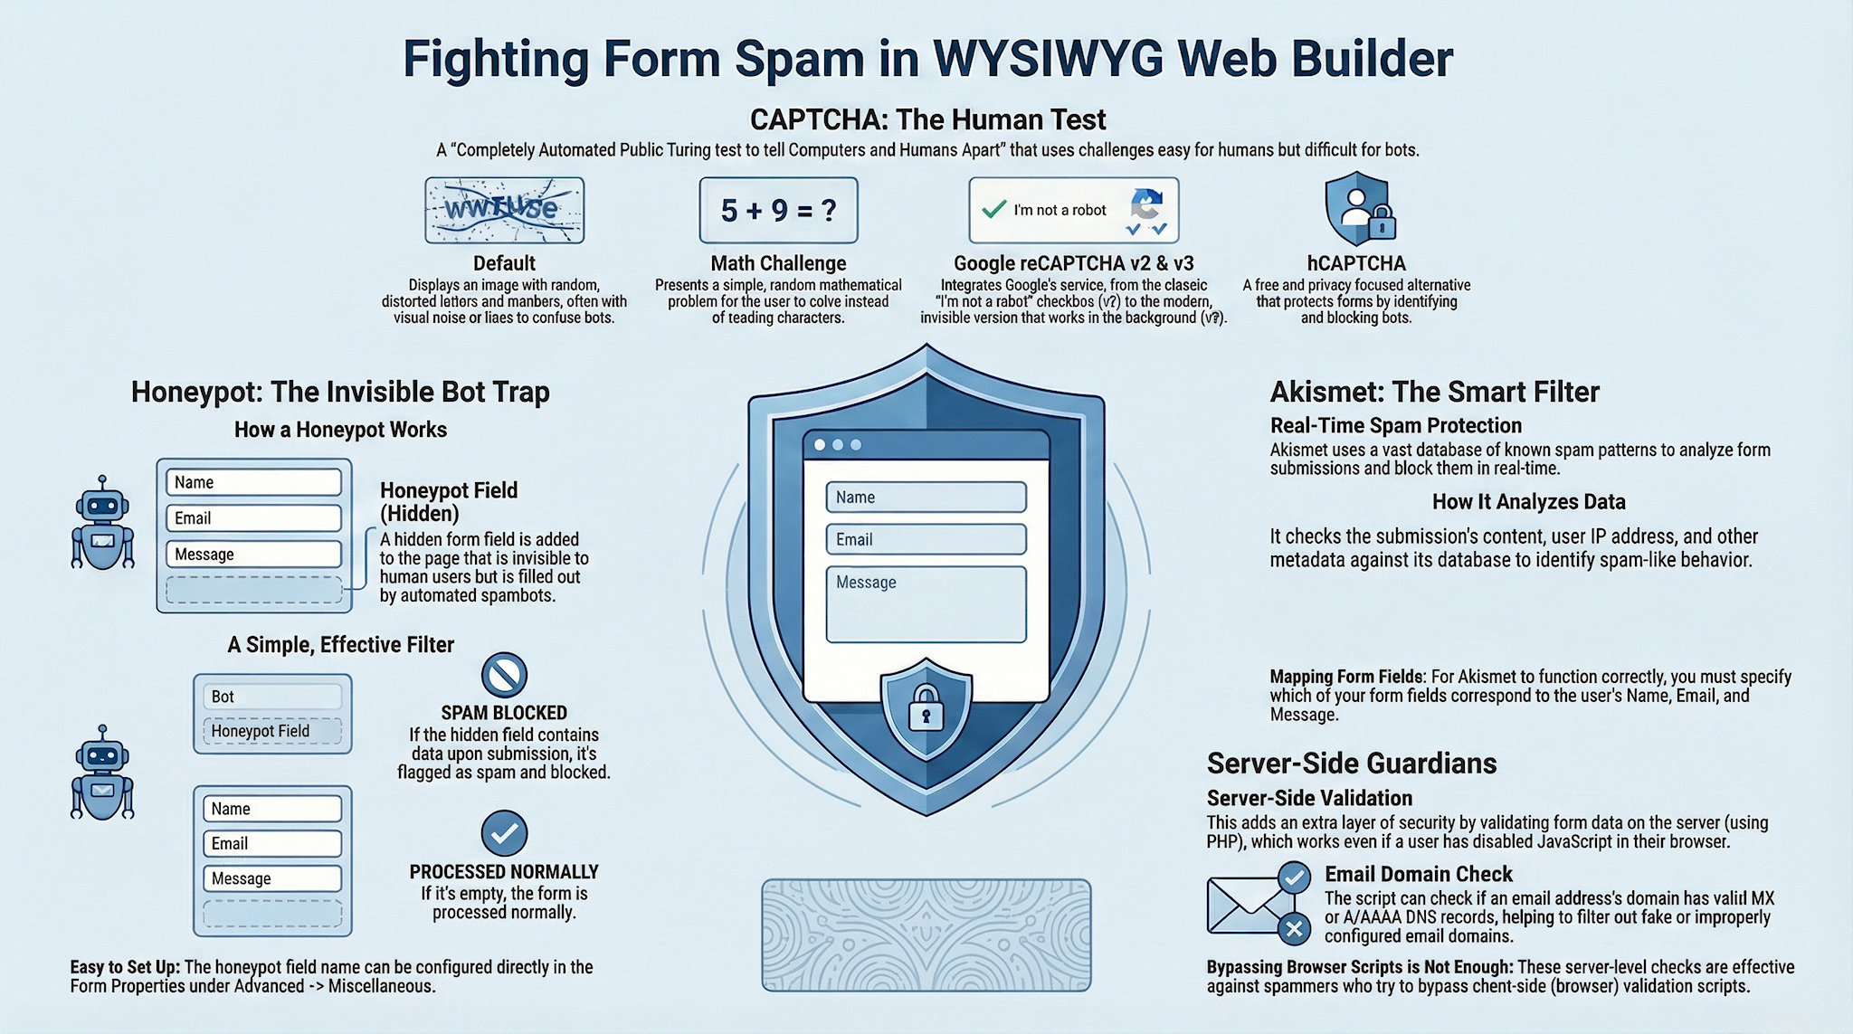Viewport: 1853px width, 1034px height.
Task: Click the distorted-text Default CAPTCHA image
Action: click(504, 210)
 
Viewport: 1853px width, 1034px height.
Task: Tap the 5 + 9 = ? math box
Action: click(778, 210)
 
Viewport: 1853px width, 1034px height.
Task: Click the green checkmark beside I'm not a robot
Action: click(993, 209)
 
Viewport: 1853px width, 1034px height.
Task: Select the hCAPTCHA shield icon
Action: click(1357, 210)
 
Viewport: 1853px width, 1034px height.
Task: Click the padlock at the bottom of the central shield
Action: click(926, 708)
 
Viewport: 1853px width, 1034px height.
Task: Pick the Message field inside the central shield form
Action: click(926, 603)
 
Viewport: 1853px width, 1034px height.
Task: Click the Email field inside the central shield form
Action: click(926, 539)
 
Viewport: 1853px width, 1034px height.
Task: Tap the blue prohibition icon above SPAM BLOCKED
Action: click(504, 675)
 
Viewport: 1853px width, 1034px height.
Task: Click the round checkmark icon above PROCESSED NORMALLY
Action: click(504, 833)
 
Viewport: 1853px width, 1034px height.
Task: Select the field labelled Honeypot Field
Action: click(272, 731)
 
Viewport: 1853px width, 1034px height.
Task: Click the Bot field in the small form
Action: click(272, 697)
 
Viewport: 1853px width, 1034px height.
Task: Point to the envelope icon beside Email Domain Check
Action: click(1245, 905)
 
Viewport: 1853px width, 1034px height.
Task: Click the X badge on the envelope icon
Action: click(1294, 928)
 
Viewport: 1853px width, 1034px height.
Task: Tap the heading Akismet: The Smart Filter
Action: click(1434, 392)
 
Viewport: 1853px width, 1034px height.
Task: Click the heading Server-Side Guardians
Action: click(1351, 764)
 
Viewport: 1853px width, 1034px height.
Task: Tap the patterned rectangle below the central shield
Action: click(926, 934)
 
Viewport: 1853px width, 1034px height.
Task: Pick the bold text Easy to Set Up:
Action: click(125, 967)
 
